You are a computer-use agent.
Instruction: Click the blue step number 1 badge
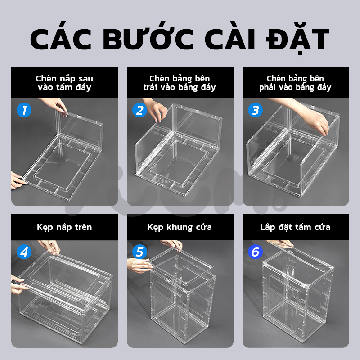tap(24, 110)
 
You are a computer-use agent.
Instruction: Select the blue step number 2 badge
tap(139, 110)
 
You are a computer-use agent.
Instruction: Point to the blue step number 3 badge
tap(255, 110)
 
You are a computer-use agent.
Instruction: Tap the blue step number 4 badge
tap(24, 252)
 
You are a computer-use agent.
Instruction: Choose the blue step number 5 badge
tap(139, 252)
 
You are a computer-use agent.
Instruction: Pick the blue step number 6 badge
tap(255, 252)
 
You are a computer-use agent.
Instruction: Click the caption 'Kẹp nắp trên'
tap(64, 227)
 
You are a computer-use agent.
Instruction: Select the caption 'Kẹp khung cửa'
tap(180, 227)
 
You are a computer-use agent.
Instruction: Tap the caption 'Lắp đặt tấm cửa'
tap(296, 227)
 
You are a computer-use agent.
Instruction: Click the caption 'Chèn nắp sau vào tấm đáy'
tap(64, 83)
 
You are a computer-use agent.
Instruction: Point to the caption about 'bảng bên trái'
tap(180, 83)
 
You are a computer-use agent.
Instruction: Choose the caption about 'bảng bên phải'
tap(296, 83)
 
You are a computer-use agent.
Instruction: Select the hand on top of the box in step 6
tap(281, 244)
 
